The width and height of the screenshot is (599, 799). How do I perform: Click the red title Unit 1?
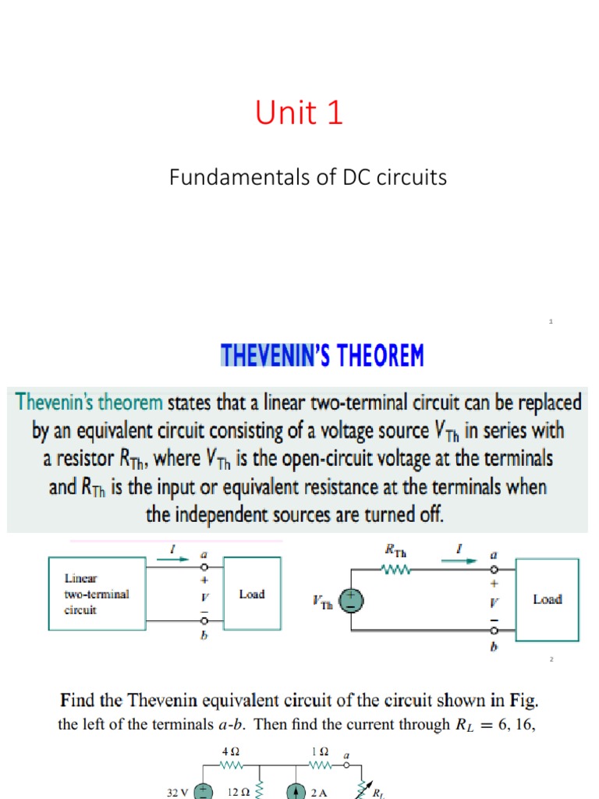(299, 114)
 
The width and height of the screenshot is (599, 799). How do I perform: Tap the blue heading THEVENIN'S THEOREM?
(322, 357)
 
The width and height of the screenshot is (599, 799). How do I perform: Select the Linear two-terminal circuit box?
(97, 594)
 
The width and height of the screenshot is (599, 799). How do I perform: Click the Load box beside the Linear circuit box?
(251, 595)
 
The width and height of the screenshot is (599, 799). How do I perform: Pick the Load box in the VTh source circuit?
(547, 599)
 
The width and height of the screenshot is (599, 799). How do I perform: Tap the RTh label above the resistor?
(396, 551)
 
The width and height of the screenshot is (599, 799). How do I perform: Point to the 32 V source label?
(177, 792)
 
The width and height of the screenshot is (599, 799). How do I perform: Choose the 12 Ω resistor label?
(237, 792)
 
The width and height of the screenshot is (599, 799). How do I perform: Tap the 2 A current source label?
(318, 792)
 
